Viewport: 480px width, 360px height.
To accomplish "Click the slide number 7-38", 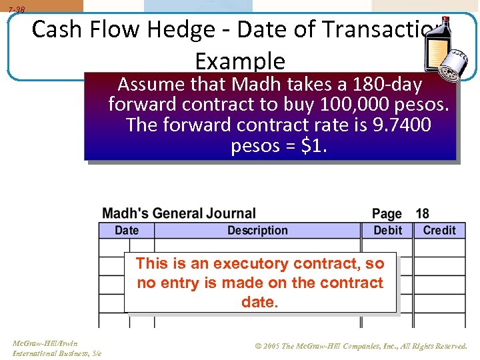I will [17, 9].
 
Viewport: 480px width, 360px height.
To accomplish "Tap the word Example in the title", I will [239, 61].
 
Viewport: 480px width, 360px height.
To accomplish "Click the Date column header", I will [127, 231].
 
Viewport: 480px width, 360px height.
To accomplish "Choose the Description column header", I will [257, 231].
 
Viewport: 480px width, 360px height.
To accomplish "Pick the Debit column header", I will [387, 231].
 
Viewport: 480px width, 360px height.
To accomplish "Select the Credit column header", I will [439, 231].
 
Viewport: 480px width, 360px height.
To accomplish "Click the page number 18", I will [423, 214].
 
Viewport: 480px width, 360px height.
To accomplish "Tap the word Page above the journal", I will [387, 214].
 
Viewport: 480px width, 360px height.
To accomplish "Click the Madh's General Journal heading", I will [179, 214].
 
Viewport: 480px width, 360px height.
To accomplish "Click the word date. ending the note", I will [259, 302].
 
